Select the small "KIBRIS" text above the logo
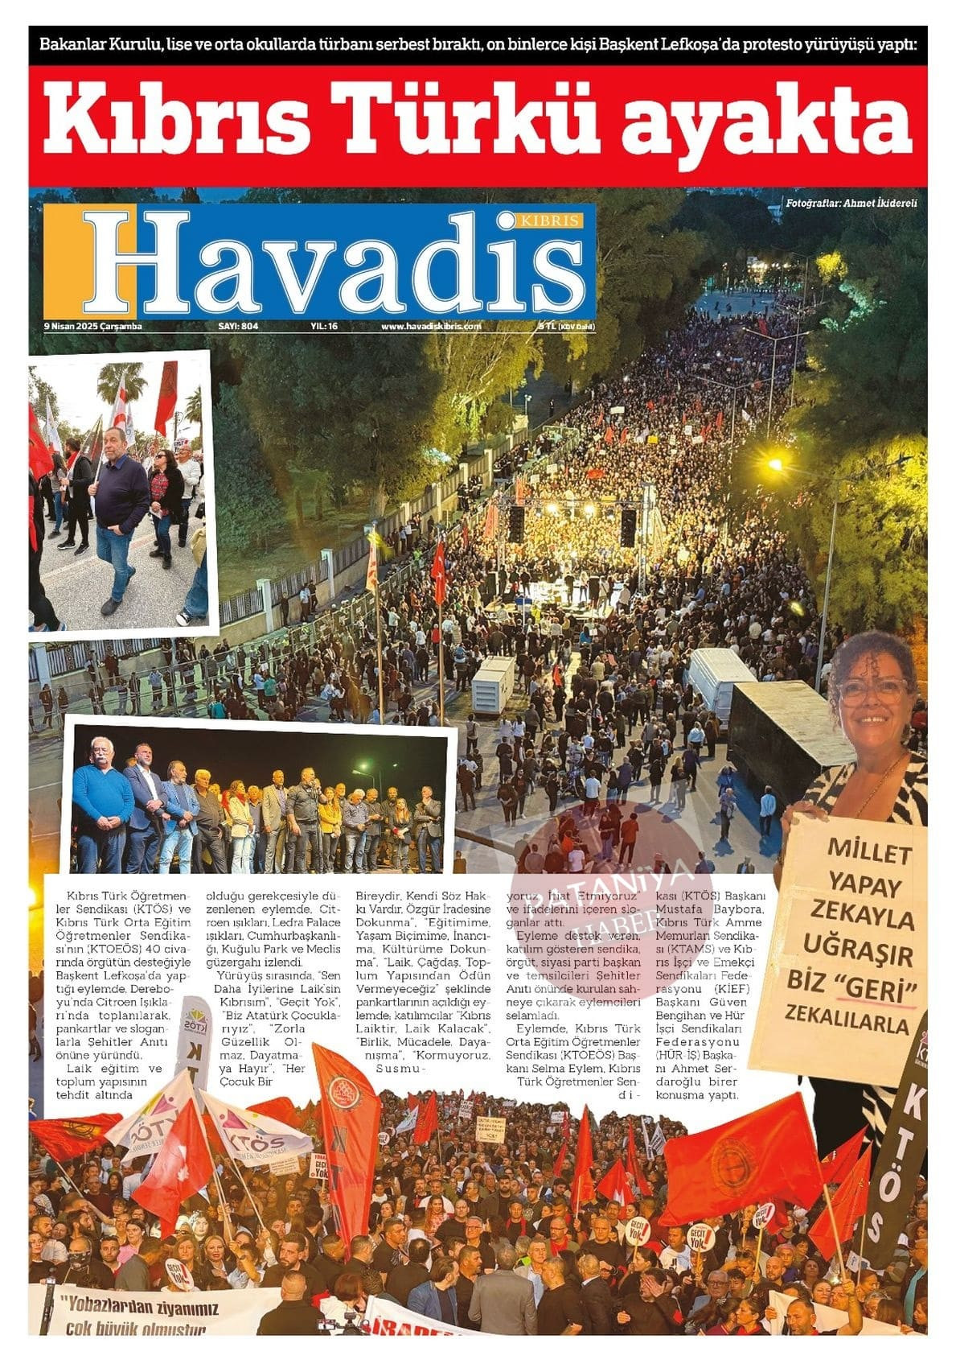551,221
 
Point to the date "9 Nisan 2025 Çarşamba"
92,327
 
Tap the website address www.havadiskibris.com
431,327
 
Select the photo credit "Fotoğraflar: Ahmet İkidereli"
852,204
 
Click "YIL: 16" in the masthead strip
324,327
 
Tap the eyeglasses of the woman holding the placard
873,690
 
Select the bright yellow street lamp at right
775,464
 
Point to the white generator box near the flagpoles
493,685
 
